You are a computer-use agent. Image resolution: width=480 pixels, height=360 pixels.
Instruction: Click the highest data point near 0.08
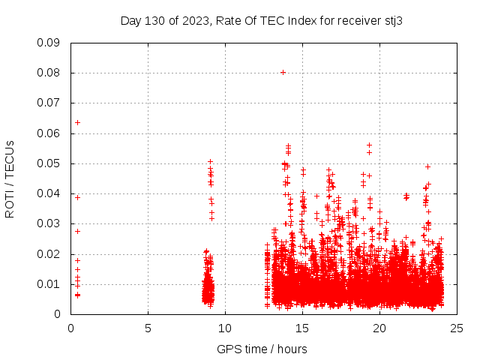click(283, 72)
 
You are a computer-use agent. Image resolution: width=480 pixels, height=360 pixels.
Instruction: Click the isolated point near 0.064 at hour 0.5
click(77, 122)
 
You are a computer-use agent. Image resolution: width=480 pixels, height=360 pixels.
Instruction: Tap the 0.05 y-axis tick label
click(49, 163)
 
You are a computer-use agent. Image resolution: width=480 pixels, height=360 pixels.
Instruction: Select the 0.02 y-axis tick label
click(49, 253)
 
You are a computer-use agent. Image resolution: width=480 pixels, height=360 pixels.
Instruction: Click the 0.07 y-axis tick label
click(49, 103)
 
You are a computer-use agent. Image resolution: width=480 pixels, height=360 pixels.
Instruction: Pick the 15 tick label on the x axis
click(302, 328)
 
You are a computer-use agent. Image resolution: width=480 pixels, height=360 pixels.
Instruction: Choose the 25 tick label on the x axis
click(457, 328)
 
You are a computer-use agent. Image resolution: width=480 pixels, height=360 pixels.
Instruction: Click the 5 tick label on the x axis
click(148, 328)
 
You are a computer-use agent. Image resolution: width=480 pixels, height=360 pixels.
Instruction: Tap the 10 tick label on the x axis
click(225, 328)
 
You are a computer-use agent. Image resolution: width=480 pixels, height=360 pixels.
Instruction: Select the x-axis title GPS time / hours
click(262, 349)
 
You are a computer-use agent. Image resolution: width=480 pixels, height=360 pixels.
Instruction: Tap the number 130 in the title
click(154, 20)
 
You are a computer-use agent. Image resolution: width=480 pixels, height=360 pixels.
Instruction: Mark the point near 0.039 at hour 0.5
click(77, 197)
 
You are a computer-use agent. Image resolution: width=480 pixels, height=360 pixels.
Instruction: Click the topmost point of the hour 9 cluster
click(211, 161)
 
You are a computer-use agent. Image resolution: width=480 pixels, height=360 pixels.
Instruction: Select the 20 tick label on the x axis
click(379, 328)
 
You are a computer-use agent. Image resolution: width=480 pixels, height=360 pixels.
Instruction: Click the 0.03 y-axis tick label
click(49, 223)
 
